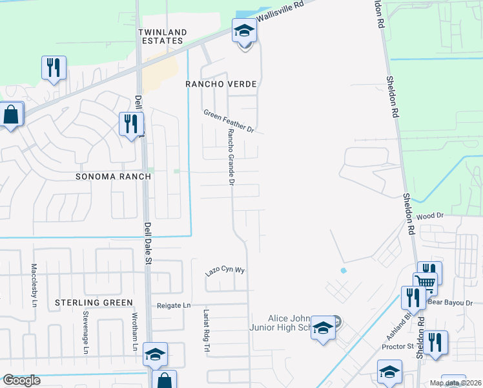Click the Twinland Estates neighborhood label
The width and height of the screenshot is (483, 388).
click(163, 36)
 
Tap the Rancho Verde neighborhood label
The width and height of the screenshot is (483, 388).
click(221, 84)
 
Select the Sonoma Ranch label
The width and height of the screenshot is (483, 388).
click(113, 177)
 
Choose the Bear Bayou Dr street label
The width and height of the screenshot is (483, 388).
click(451, 302)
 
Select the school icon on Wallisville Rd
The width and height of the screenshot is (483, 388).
click(244, 30)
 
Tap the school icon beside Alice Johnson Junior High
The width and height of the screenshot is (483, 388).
click(323, 329)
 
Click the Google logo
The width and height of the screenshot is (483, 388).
click(21, 380)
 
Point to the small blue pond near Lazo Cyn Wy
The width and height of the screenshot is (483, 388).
click(343, 270)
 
